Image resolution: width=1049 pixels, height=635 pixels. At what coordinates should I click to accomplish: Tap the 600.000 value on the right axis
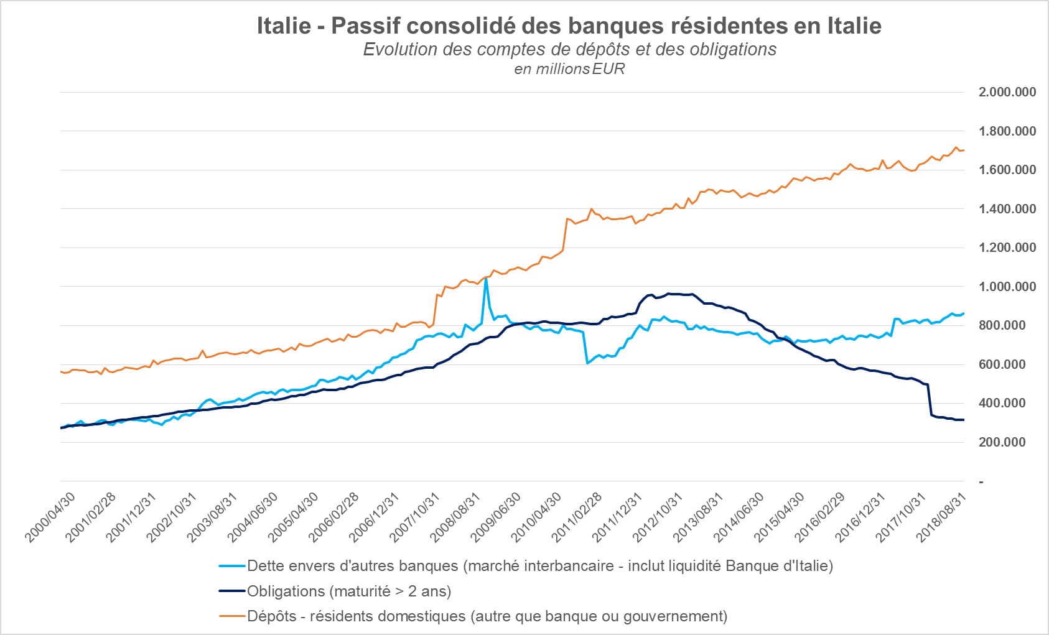point(1002,364)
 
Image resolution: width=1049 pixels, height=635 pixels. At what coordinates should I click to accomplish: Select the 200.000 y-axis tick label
point(1002,442)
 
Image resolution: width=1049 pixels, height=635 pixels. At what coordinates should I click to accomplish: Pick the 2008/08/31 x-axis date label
point(458,516)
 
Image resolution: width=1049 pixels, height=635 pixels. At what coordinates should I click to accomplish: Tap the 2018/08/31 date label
point(944,516)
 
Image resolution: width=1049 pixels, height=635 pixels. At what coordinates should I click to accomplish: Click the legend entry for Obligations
point(348,591)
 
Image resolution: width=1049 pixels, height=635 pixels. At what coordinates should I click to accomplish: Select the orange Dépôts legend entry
point(487,616)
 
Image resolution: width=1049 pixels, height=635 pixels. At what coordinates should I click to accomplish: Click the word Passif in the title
point(366,26)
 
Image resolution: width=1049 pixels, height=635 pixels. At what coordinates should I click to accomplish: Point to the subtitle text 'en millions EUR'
point(569,69)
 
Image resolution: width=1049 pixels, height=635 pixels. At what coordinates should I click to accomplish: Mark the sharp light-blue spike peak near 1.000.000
point(486,279)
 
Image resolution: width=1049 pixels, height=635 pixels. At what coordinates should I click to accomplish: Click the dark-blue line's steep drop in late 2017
point(930,398)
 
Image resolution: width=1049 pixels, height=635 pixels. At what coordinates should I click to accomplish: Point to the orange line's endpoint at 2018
point(964,150)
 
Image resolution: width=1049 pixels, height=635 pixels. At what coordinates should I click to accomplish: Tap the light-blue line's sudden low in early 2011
point(587,363)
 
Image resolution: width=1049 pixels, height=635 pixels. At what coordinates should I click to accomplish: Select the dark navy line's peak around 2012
point(669,294)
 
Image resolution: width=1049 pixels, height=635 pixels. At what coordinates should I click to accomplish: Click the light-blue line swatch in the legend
point(233,566)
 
